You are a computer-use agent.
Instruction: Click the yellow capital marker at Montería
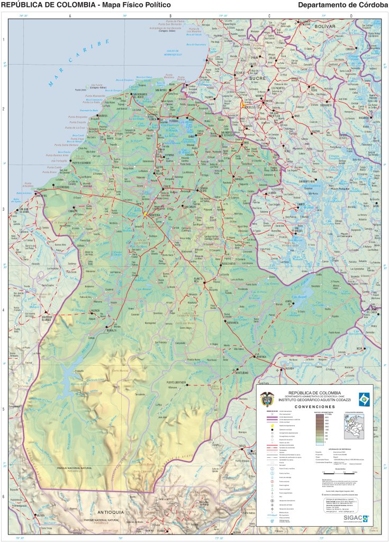click(x=144, y=214)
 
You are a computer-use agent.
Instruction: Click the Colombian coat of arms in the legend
click(x=267, y=397)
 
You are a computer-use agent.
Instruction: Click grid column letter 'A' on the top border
click(x=70, y=16)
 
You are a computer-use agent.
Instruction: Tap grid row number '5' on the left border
click(x=4, y=409)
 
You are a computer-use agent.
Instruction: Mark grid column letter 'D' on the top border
click(x=351, y=16)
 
